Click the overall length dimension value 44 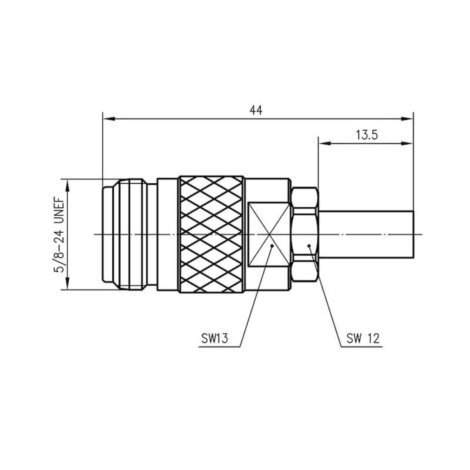tap(256, 110)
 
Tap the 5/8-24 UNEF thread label tap(60, 234)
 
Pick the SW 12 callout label tap(363, 338)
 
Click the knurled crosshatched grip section tap(211, 234)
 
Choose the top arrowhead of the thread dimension tap(69, 185)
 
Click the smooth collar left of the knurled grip tap(168, 234)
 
